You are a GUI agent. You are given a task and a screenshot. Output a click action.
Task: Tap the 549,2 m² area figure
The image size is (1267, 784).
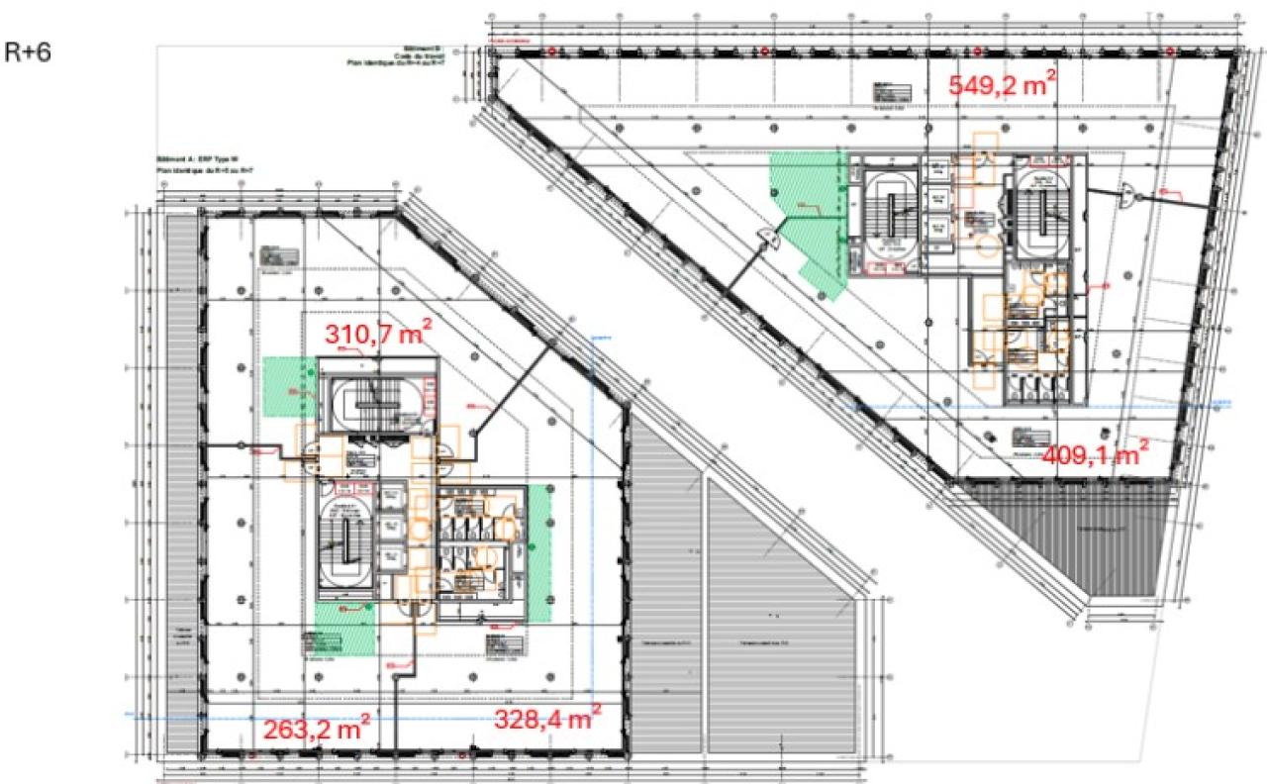(x=1000, y=85)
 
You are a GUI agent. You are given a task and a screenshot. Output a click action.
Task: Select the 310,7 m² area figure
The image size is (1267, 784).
(x=379, y=336)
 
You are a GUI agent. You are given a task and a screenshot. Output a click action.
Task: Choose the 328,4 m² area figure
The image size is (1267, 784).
(x=546, y=719)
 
